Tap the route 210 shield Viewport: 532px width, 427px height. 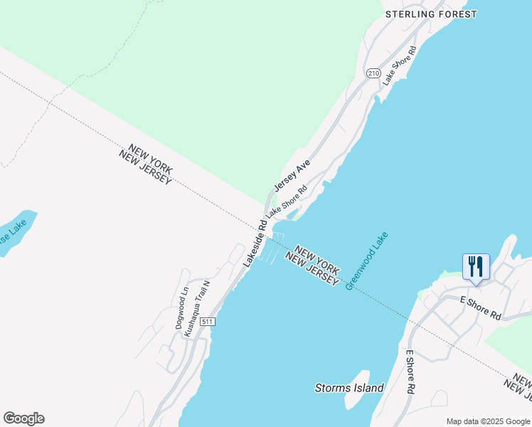pyautogui.click(x=373, y=73)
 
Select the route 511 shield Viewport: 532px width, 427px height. pyautogui.click(x=207, y=322)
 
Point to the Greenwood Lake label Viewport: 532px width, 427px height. pyautogui.click(x=367, y=260)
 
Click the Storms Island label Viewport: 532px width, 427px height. pyautogui.click(x=349, y=388)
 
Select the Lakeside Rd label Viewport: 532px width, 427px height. pyautogui.click(x=255, y=243)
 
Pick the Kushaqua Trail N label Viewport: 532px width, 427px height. pyautogui.click(x=198, y=307)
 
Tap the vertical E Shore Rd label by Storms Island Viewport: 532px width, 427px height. pyautogui.click(x=410, y=372)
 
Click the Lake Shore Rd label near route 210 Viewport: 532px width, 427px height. pyautogui.click(x=398, y=66)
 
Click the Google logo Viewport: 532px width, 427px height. pyautogui.click(x=23, y=418)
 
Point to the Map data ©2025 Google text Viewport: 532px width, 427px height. pyautogui.click(x=488, y=421)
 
